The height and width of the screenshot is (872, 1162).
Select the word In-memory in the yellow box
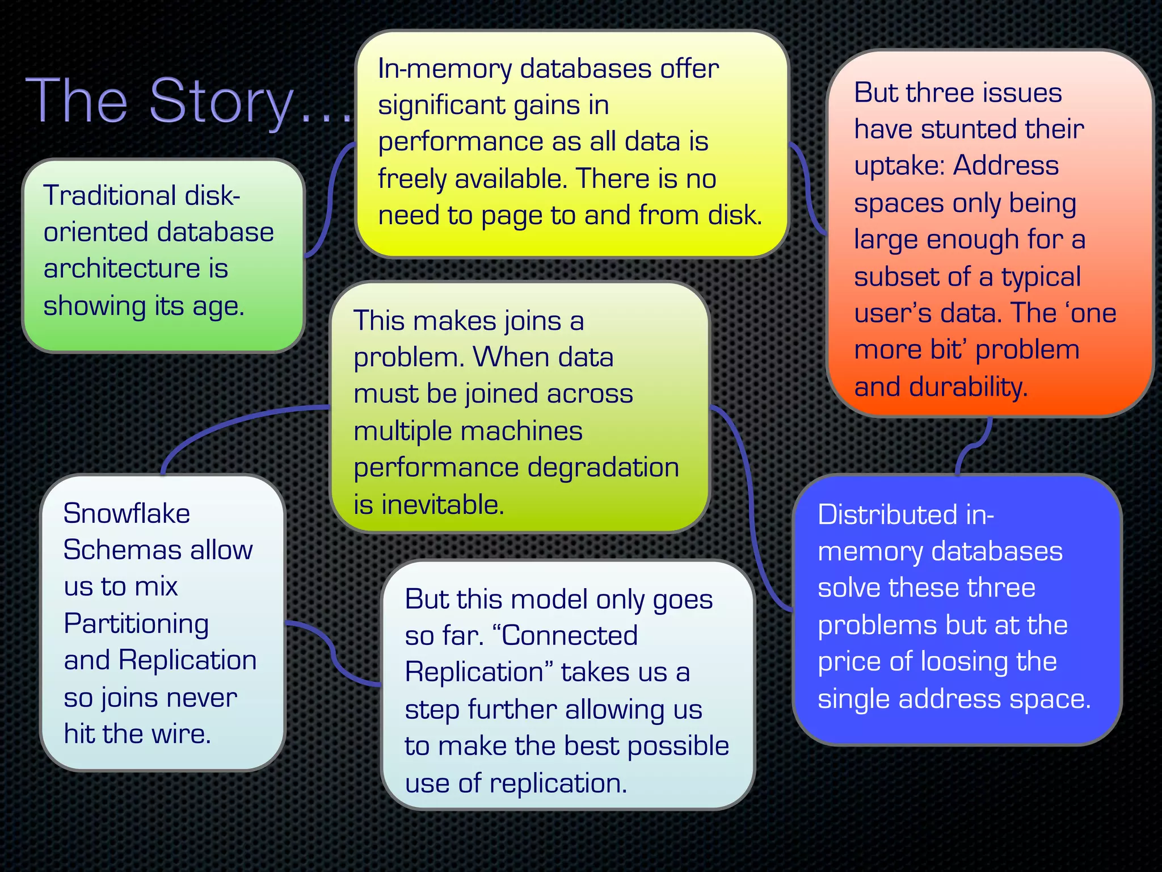pyautogui.click(x=445, y=69)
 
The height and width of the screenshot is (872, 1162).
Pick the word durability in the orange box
pyautogui.click(x=967, y=387)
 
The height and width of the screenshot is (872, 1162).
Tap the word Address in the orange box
pyautogui.click(x=1005, y=166)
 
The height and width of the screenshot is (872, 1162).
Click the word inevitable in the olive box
pyautogui.click(x=443, y=505)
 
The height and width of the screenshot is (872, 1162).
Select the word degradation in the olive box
pyautogui.click(x=603, y=468)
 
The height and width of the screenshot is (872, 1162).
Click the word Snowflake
pyautogui.click(x=127, y=514)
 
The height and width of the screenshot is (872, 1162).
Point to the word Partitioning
pyautogui.click(x=136, y=624)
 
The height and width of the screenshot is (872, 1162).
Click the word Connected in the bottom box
pyautogui.click(x=569, y=636)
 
